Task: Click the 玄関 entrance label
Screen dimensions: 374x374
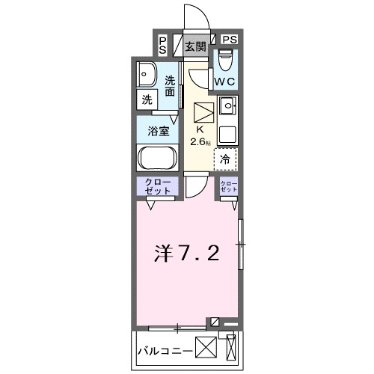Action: click(x=196, y=46)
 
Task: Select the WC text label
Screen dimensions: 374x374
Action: click(x=226, y=80)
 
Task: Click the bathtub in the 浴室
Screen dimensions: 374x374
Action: click(x=156, y=159)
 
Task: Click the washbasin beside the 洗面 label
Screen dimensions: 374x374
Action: click(x=147, y=74)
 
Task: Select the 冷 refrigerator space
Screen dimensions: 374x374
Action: click(x=225, y=158)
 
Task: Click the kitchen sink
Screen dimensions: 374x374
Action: click(x=227, y=105)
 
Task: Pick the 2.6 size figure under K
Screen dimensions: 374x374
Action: click(x=200, y=141)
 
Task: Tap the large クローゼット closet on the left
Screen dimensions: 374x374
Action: click(x=156, y=187)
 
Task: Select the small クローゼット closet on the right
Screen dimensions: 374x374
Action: click(x=228, y=187)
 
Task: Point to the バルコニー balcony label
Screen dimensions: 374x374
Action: click(x=163, y=349)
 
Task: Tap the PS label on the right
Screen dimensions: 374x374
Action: click(x=229, y=40)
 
